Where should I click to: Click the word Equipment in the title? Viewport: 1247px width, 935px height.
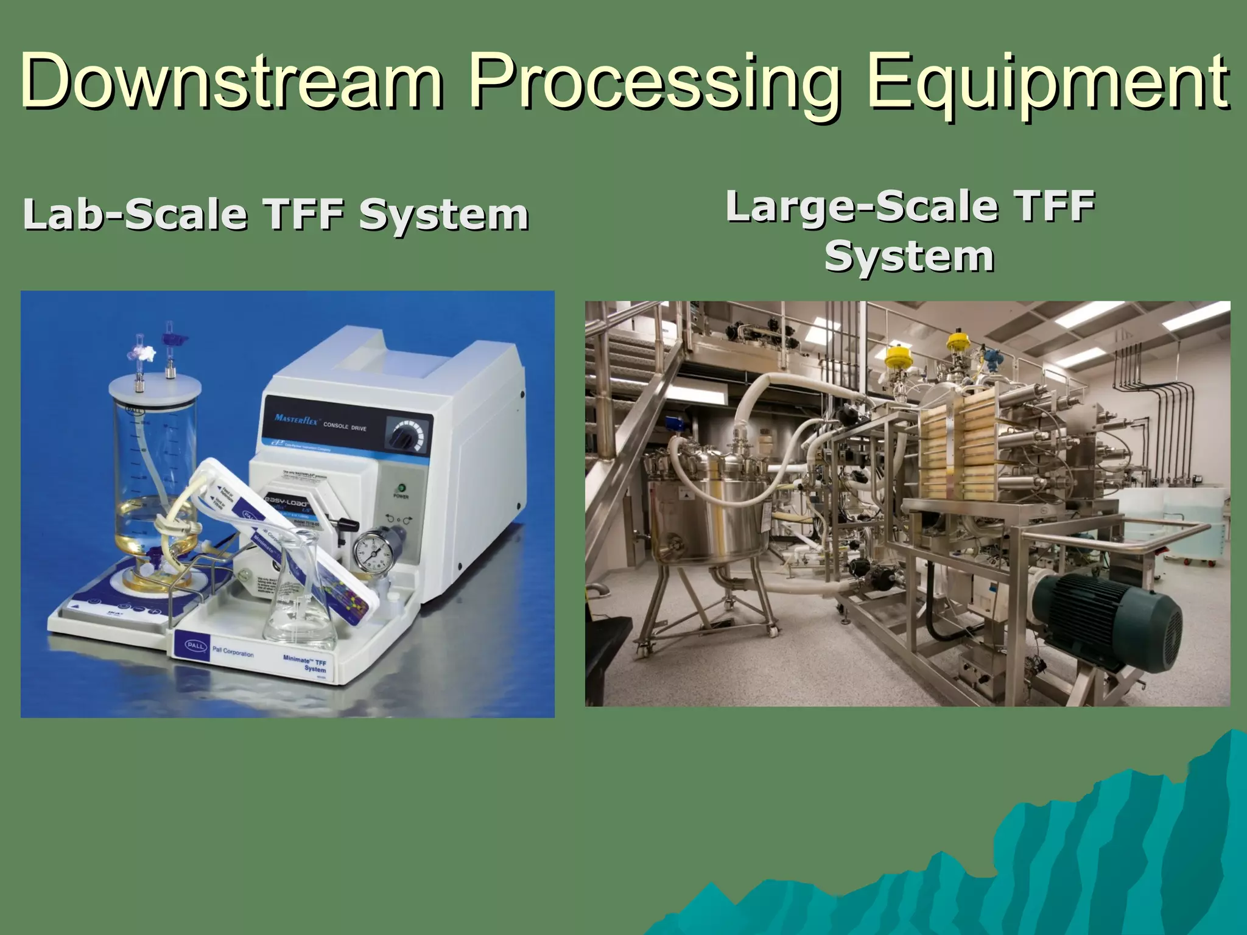[1047, 82]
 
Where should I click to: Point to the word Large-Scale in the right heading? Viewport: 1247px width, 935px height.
[861, 206]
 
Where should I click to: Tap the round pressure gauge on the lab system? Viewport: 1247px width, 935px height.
[373, 552]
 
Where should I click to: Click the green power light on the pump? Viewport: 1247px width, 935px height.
[401, 488]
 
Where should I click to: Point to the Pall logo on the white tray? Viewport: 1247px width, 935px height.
[196, 645]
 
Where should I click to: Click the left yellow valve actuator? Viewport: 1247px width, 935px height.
[897, 359]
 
